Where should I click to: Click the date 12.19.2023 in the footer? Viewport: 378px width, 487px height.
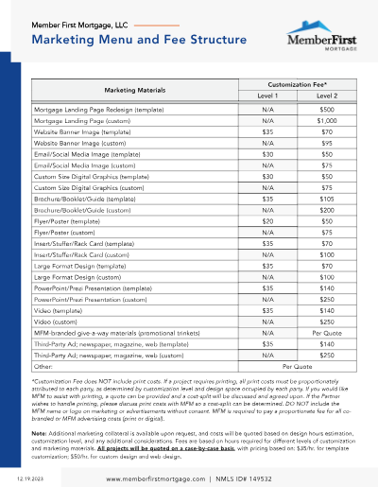click(30, 478)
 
